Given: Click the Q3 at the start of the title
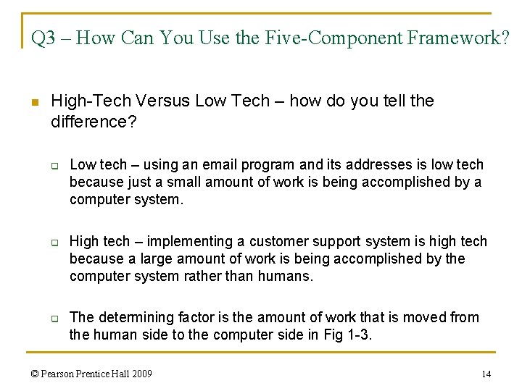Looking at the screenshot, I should (x=43, y=38).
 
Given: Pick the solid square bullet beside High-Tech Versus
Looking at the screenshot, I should (x=34, y=102).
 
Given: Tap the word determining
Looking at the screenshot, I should (x=129, y=317).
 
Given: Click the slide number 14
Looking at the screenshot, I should (x=486, y=374).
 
